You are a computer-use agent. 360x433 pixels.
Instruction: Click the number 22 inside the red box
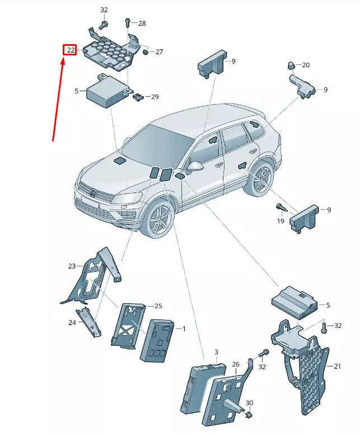[69, 50]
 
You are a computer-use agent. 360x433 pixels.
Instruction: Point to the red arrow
[59, 98]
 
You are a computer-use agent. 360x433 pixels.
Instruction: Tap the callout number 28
[142, 23]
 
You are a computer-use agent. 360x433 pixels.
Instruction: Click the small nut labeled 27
[144, 52]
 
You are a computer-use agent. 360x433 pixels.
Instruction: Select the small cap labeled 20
[292, 65]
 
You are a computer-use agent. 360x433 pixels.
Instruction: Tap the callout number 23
[71, 266]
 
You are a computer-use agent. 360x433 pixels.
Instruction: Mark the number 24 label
[72, 323]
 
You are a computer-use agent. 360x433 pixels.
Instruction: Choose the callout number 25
[158, 306]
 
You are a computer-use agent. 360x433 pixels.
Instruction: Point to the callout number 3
[216, 352]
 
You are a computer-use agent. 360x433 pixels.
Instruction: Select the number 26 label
[236, 364]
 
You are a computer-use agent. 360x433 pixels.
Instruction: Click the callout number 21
[337, 366]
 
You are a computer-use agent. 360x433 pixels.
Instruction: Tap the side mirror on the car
[195, 167]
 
